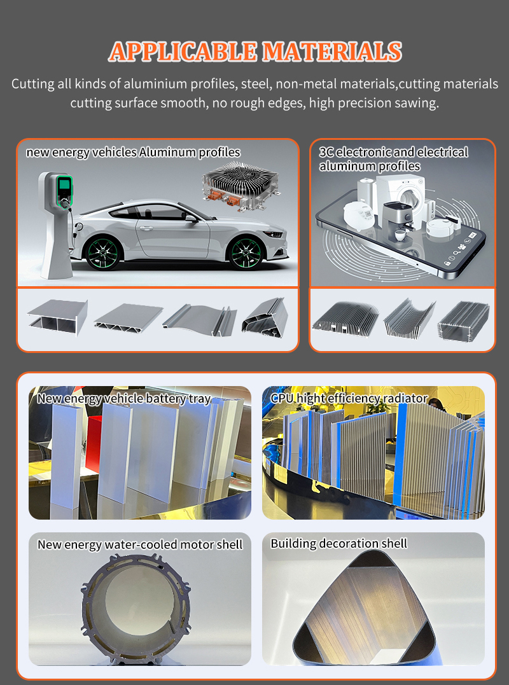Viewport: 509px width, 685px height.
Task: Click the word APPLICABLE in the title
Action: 183,52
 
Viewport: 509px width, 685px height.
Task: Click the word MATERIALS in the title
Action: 331,52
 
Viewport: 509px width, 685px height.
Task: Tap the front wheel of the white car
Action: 246,253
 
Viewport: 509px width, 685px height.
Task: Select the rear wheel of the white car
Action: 102,252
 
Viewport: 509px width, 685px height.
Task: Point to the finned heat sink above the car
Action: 241,185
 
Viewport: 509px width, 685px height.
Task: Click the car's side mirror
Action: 191,218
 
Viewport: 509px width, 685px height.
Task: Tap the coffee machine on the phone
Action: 398,222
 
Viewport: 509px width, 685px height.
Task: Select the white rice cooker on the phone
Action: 359,215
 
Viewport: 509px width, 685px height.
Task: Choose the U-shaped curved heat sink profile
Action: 409,319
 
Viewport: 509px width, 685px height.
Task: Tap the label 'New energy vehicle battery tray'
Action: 124,398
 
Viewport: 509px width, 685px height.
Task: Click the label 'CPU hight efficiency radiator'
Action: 349,398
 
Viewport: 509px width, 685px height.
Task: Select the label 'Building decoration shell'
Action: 338,543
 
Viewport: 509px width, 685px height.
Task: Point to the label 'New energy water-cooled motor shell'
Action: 140,545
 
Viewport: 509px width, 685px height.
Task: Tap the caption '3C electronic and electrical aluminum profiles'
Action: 393,159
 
